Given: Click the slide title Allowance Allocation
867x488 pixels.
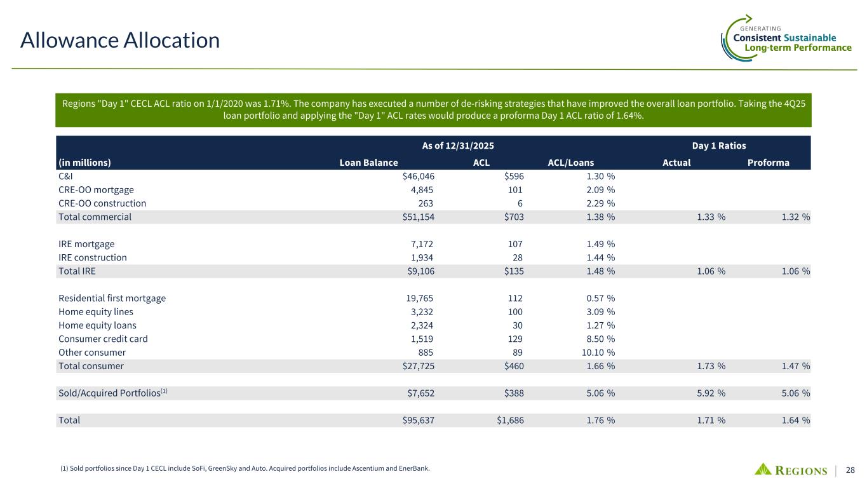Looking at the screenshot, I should pyautogui.click(x=120, y=41).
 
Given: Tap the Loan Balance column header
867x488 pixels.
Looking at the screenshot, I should pyautogui.click(x=369, y=162).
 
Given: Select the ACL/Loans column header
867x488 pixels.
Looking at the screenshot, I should pyautogui.click(x=570, y=162).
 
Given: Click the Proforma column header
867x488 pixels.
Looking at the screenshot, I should pyautogui.click(x=769, y=162).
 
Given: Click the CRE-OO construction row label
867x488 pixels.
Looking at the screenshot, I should pyautogui.click(x=102, y=203).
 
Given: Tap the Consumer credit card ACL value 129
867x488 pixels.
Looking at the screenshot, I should pyautogui.click(x=516, y=339).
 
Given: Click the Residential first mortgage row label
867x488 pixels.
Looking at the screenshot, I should pyautogui.click(x=112, y=298).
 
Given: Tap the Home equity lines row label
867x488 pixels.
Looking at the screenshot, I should pyautogui.click(x=96, y=311).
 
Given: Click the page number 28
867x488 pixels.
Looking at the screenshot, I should pyautogui.click(x=850, y=470).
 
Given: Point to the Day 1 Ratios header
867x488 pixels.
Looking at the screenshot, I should pyautogui.click(x=719, y=146).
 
